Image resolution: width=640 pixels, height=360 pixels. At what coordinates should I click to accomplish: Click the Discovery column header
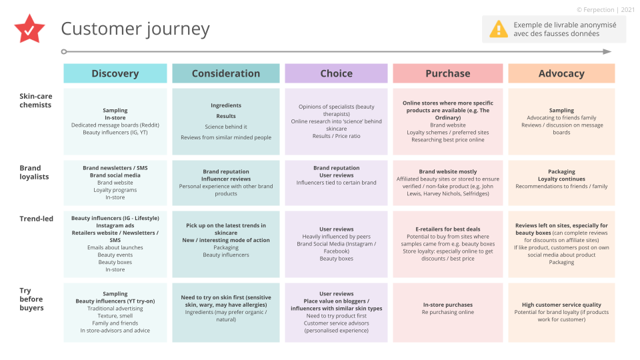pyautogui.click(x=115, y=73)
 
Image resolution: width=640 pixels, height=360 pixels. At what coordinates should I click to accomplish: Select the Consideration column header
pyautogui.click(x=226, y=73)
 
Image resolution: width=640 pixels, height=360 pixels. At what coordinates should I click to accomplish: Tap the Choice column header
pyautogui.click(x=336, y=73)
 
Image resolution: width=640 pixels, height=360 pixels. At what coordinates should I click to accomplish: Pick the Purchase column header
pyautogui.click(x=448, y=73)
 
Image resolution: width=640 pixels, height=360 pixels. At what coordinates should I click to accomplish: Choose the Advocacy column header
pyautogui.click(x=561, y=73)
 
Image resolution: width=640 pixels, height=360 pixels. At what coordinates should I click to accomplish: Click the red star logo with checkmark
pyautogui.click(x=29, y=29)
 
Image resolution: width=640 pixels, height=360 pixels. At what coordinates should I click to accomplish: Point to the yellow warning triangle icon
pyautogui.click(x=499, y=29)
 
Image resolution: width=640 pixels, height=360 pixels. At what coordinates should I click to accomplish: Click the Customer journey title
pyautogui.click(x=135, y=29)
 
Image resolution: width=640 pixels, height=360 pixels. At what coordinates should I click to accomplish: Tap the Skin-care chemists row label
pyautogui.click(x=35, y=101)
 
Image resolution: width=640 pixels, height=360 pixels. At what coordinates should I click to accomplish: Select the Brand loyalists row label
pyautogui.click(x=34, y=172)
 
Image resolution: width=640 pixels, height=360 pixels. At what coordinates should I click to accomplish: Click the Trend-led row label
pyautogui.click(x=36, y=219)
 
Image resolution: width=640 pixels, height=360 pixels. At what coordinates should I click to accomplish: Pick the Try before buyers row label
pyautogui.click(x=31, y=299)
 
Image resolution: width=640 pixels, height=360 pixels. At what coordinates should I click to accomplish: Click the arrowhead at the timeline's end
pyautogui.click(x=607, y=52)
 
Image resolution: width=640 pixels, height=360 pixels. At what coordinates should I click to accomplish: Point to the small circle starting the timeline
pyautogui.click(x=64, y=52)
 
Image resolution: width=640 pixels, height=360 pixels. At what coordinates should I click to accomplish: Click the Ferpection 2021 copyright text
pyautogui.click(x=605, y=10)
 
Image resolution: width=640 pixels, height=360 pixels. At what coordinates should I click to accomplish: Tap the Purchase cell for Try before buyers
pyautogui.click(x=448, y=313)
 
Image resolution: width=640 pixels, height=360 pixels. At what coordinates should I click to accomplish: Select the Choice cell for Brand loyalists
pyautogui.click(x=336, y=183)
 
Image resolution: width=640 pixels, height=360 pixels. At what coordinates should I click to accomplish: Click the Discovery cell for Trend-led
pyautogui.click(x=115, y=244)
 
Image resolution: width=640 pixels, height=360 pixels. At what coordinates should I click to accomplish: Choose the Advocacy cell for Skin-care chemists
pyautogui.click(x=561, y=121)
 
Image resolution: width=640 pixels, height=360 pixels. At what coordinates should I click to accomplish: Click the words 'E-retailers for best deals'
pyautogui.click(x=448, y=229)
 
